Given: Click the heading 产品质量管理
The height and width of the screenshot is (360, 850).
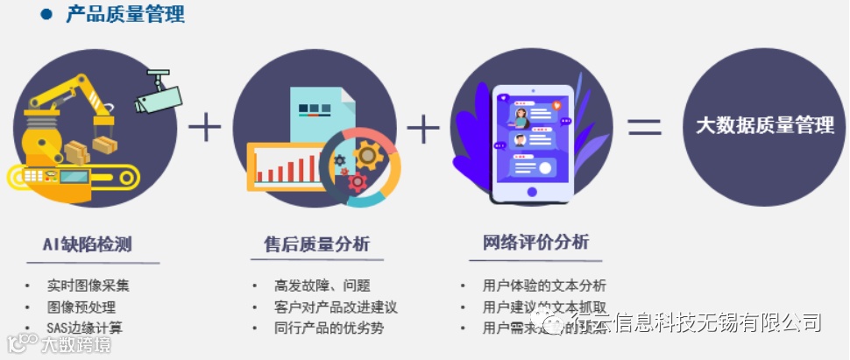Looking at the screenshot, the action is point(125,14).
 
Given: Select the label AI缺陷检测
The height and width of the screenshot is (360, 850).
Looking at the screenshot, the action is point(87,244).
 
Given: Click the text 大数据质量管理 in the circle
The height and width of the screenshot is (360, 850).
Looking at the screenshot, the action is point(765,125).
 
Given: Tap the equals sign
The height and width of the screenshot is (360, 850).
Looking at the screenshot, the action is point(644,128).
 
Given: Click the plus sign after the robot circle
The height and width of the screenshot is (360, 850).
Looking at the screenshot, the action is point(205,128).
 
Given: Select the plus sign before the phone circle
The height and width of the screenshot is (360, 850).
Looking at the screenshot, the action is point(423,129).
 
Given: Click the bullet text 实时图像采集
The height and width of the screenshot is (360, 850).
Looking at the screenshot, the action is point(89,286).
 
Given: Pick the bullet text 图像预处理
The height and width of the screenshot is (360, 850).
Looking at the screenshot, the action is point(81,307).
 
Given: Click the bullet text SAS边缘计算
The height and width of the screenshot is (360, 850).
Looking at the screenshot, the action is point(85,328).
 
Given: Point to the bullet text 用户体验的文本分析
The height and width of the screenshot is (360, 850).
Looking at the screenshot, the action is point(544,286).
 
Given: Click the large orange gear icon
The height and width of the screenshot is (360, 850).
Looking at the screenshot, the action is point(369,157).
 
